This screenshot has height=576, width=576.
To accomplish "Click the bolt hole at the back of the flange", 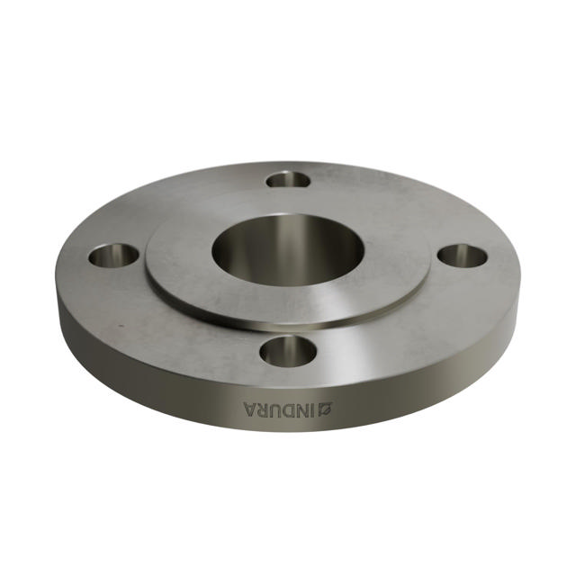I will (289, 179).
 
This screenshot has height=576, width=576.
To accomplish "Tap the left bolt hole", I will (113, 256).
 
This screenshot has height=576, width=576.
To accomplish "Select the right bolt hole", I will (463, 255).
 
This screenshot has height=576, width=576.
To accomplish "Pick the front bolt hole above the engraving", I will (287, 350).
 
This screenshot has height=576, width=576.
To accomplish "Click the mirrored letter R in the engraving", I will (263, 410).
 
